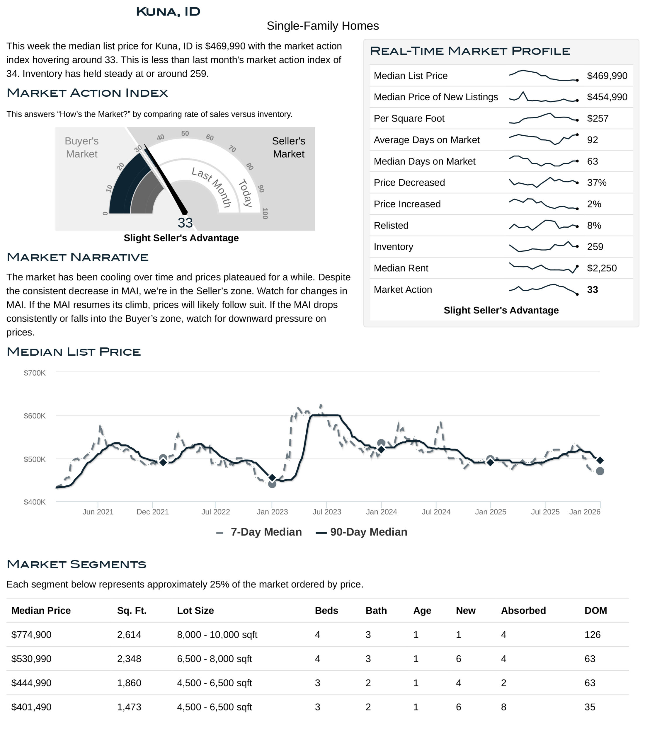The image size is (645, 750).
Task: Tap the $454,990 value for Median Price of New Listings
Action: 607,97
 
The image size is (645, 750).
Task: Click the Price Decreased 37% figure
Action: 596,183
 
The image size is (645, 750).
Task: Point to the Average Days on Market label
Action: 426,140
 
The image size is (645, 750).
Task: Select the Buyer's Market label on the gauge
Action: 81,147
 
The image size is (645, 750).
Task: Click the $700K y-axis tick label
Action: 35,373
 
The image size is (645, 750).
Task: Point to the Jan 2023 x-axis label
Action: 272,512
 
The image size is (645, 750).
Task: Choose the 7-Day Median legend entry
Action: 259,532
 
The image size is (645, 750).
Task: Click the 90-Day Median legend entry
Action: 362,532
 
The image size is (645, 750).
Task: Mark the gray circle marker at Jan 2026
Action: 600,471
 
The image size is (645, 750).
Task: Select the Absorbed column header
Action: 523,610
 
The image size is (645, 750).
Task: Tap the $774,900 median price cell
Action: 32,635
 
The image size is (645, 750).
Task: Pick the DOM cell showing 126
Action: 592,635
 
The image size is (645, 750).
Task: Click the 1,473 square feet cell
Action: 129,707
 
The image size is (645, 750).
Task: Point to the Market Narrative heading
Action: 77,257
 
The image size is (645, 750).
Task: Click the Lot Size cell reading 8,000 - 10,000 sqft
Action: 217,635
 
